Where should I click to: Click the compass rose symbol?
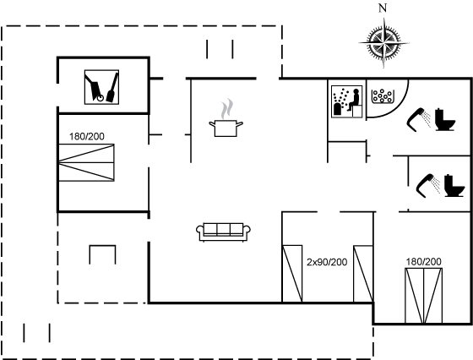pyautogui.click(x=383, y=43)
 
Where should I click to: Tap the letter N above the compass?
pyautogui.click(x=383, y=8)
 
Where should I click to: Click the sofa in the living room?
pyautogui.click(x=223, y=232)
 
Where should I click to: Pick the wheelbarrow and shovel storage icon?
pyautogui.click(x=101, y=87)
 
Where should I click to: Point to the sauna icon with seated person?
pyautogui.click(x=346, y=101)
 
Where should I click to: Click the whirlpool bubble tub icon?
pyautogui.click(x=383, y=96)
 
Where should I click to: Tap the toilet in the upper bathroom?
pyautogui.click(x=445, y=119)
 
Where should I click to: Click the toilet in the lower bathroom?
pyautogui.click(x=454, y=186)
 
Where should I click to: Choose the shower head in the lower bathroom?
pyautogui.click(x=427, y=186)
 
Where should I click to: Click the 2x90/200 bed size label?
pyautogui.click(x=327, y=262)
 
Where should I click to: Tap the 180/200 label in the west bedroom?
pyautogui.click(x=87, y=136)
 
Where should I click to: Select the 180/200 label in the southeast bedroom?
pyautogui.click(x=423, y=262)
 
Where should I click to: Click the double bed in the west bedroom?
pyautogui.click(x=86, y=162)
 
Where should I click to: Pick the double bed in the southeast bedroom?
pyautogui.click(x=423, y=296)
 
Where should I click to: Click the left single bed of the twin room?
pyautogui.click(x=292, y=274)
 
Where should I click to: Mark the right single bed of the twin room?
pyautogui.click(x=363, y=274)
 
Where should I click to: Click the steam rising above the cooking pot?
pyautogui.click(x=227, y=109)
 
